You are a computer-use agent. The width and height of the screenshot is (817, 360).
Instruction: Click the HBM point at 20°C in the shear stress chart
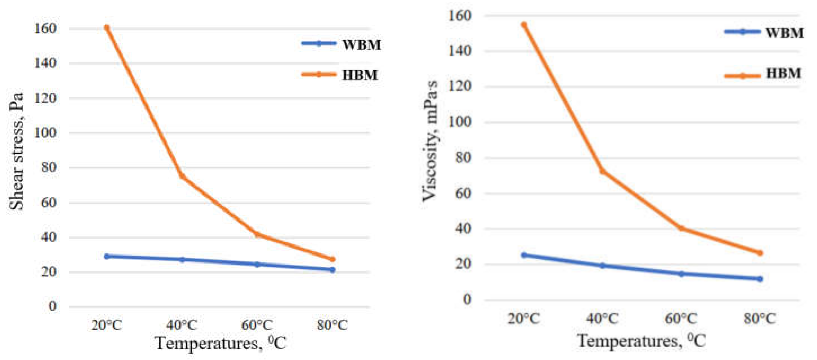tap(107, 28)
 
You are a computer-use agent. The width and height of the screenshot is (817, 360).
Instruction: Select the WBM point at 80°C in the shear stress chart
tap(332, 270)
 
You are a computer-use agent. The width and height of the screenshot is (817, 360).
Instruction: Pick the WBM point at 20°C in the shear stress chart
tap(107, 256)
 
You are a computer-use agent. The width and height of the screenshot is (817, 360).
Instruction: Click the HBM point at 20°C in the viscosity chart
tap(524, 25)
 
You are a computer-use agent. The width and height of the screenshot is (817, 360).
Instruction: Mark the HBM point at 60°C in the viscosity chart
tap(681, 228)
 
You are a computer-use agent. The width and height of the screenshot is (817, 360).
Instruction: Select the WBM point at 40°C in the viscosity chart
tap(602, 265)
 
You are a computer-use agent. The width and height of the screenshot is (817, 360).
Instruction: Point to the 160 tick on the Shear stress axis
tap(45, 28)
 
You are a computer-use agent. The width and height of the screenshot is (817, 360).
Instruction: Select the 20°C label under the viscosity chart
tap(524, 319)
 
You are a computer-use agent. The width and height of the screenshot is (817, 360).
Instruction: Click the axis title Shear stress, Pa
tap(16, 152)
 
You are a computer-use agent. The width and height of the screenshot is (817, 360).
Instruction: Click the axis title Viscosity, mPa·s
tap(430, 141)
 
